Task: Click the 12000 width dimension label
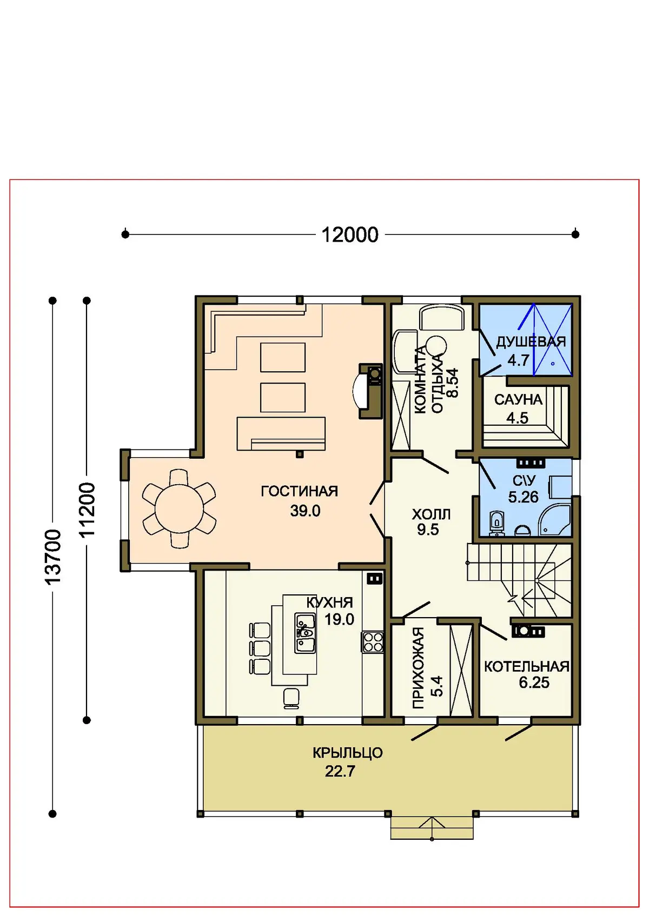coord(349,235)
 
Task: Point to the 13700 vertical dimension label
coord(53,557)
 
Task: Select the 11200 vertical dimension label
coord(87,510)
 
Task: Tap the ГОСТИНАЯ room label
coord(300,491)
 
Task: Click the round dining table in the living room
coord(179,508)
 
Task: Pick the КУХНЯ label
coord(329,602)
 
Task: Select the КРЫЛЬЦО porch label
coord(347,752)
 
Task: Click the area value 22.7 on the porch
coord(340,771)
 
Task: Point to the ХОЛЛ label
coord(431,514)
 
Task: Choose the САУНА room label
coord(518,399)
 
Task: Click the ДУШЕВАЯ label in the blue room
coord(531,342)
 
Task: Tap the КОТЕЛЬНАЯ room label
coord(526,666)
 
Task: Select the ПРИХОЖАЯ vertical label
coord(418,668)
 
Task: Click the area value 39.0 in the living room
coord(305,511)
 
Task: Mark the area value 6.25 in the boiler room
coord(534,682)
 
